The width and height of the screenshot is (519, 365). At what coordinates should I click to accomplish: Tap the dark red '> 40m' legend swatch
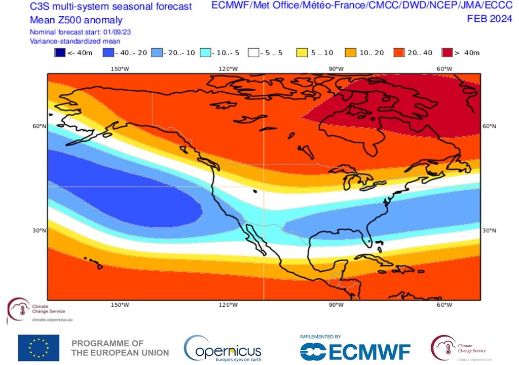tap(447, 53)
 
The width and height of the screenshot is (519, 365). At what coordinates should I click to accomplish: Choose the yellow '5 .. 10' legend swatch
tap(301, 53)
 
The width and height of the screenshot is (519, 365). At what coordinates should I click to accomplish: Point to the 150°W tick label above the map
tap(119, 69)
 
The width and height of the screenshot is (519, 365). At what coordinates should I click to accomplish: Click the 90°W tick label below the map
tap(336, 305)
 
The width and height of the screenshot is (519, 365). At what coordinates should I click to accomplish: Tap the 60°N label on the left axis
tap(39, 126)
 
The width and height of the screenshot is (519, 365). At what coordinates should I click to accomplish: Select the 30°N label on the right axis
tap(489, 231)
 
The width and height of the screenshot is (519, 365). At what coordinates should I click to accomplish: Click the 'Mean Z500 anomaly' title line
tap(76, 20)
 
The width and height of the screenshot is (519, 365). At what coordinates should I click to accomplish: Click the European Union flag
tap(39, 348)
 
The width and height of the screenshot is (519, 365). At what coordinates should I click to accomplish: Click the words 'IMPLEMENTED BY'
tap(320, 337)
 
